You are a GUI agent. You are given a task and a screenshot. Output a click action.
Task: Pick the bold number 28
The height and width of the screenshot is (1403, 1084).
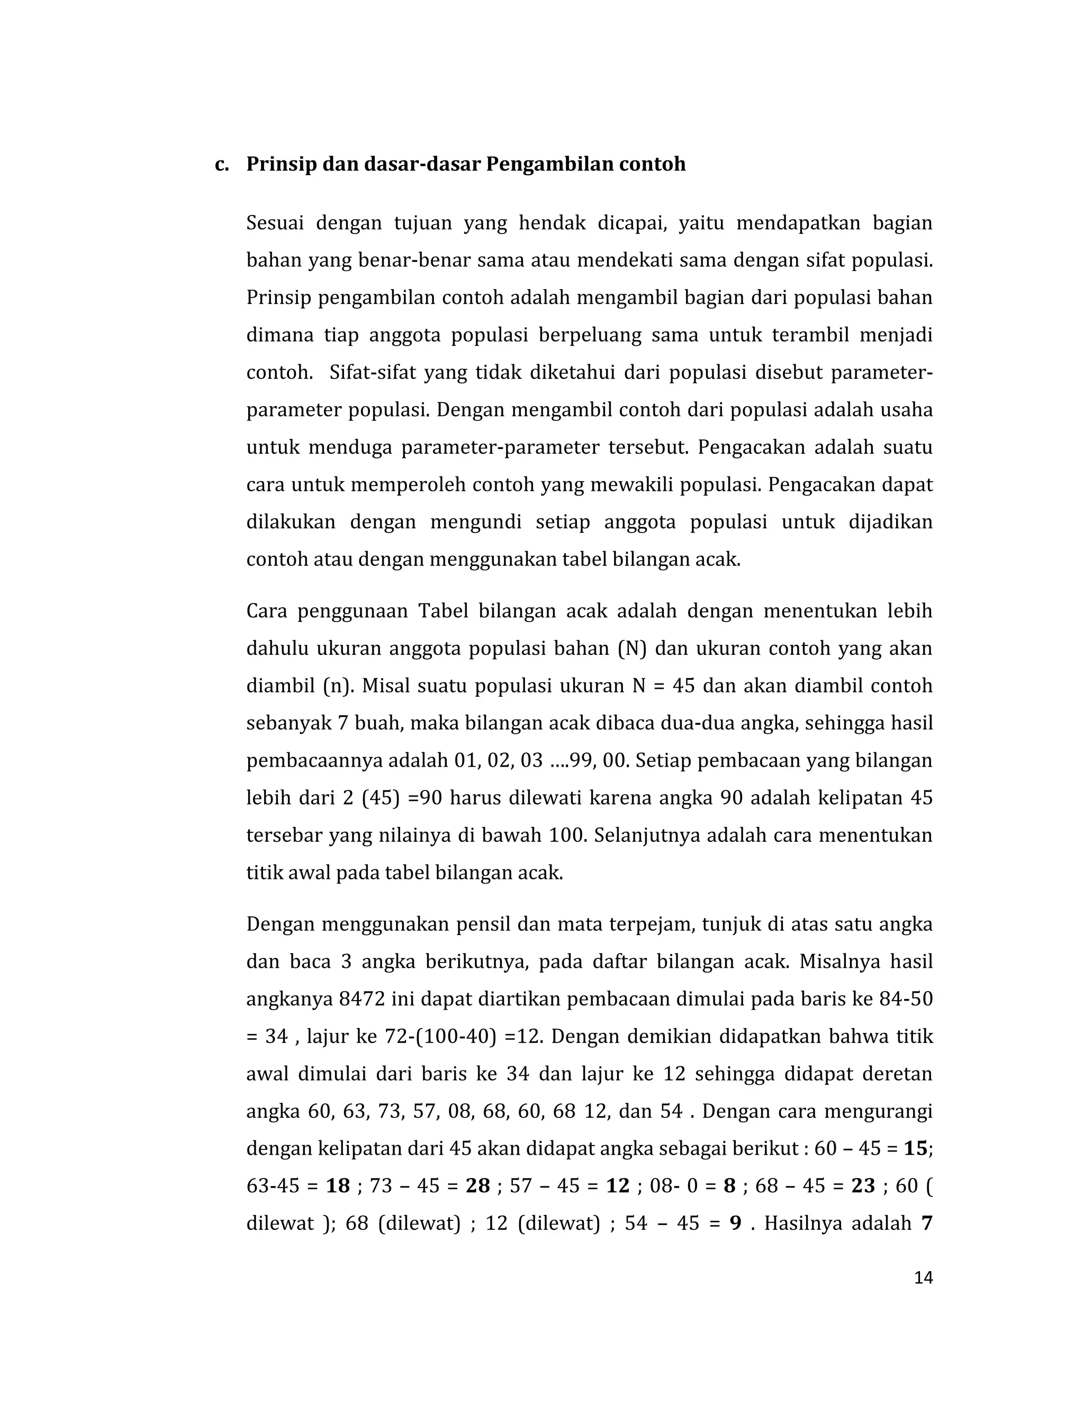coord(478,1186)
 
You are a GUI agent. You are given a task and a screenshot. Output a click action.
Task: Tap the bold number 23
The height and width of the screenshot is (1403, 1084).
coord(863,1186)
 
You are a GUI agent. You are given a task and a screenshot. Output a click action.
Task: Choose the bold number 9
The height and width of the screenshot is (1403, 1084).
coord(736,1223)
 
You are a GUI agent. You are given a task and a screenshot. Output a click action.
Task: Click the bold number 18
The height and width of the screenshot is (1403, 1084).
coord(338,1186)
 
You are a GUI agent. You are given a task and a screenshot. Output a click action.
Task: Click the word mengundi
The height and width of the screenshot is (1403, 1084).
coord(476,522)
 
